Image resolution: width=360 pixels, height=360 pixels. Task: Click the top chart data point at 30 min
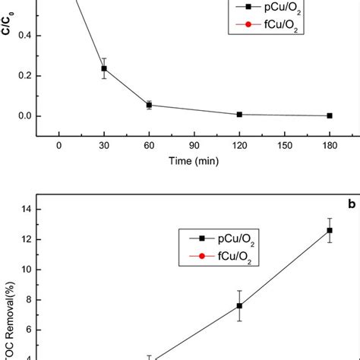[104, 68]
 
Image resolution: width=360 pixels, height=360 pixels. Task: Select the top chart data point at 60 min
[149, 105]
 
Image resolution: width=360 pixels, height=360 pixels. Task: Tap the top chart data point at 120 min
[239, 114]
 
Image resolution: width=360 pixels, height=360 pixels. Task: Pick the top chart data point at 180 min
[330, 115]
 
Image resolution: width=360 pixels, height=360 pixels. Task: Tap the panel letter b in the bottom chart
[352, 205]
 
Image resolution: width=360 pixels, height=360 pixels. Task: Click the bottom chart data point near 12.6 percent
[330, 230]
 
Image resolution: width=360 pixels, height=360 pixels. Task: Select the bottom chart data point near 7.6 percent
[239, 306]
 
